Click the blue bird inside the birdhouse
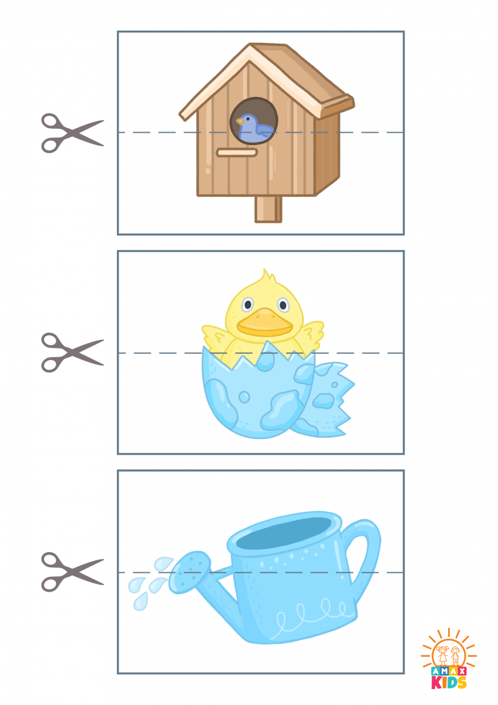[254, 127]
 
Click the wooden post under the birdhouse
[268, 209]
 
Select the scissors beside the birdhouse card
[72, 133]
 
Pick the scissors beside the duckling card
[72, 352]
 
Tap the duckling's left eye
[248, 304]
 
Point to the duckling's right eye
[283, 305]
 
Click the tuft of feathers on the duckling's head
[266, 277]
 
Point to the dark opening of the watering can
[284, 533]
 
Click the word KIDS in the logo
[449, 683]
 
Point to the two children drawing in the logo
[449, 654]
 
